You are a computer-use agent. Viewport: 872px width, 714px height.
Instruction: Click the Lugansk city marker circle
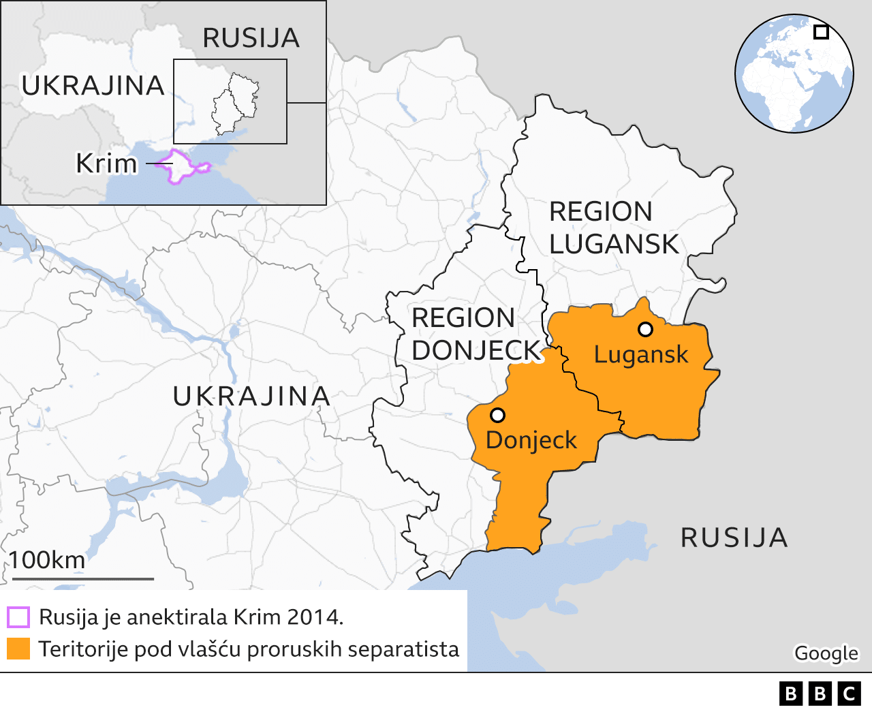click(x=645, y=330)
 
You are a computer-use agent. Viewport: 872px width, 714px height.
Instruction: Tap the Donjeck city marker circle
click(x=497, y=415)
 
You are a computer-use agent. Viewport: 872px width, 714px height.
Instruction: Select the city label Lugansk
click(x=640, y=355)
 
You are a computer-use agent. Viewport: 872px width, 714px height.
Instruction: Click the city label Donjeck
click(x=531, y=440)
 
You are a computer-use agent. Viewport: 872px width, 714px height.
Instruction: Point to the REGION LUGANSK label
click(x=614, y=228)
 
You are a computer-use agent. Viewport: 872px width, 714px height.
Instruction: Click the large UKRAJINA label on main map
click(x=251, y=397)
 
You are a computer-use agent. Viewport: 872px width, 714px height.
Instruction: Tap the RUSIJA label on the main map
click(x=734, y=538)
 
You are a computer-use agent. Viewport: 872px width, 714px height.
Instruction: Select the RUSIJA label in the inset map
click(x=251, y=38)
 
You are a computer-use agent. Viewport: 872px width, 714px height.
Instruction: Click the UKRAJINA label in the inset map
click(x=93, y=86)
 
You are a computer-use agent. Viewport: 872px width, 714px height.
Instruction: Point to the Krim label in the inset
click(x=106, y=164)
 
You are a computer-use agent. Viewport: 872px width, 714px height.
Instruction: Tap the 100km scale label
click(x=47, y=560)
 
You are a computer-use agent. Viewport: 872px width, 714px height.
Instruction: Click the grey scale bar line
click(x=83, y=579)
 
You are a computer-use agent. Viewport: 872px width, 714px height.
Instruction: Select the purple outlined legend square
click(x=18, y=617)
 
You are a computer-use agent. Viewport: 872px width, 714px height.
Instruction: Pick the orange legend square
click(x=18, y=649)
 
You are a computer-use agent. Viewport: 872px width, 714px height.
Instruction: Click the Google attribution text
click(x=826, y=653)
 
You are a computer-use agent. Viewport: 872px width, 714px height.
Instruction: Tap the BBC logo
click(x=820, y=694)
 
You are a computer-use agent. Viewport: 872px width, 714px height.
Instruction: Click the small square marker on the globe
click(x=821, y=32)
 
